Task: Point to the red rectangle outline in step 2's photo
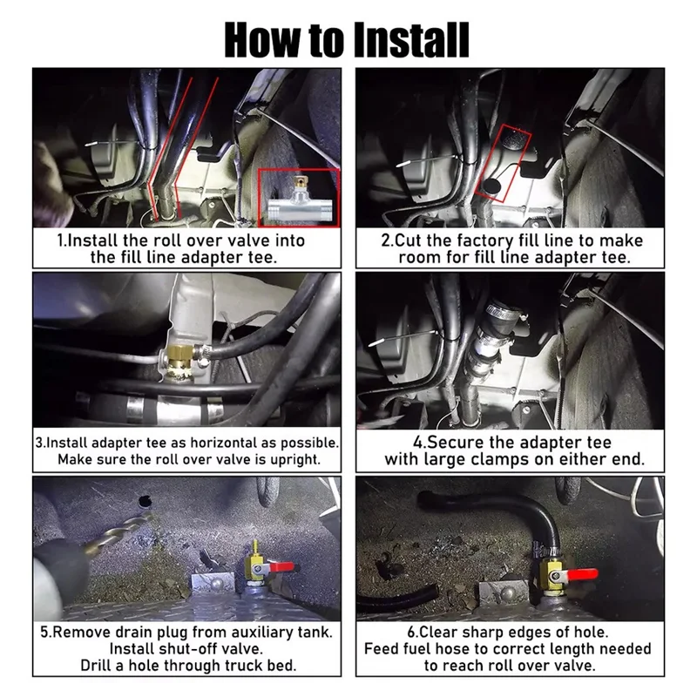pos(504,163)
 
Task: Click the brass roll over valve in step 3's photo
pos(179,362)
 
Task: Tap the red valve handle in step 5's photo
pos(280,567)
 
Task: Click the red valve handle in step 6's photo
pos(582,575)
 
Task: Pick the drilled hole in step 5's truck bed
pos(145,502)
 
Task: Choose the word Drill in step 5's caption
pos(97,666)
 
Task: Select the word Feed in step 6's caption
pos(381,648)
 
